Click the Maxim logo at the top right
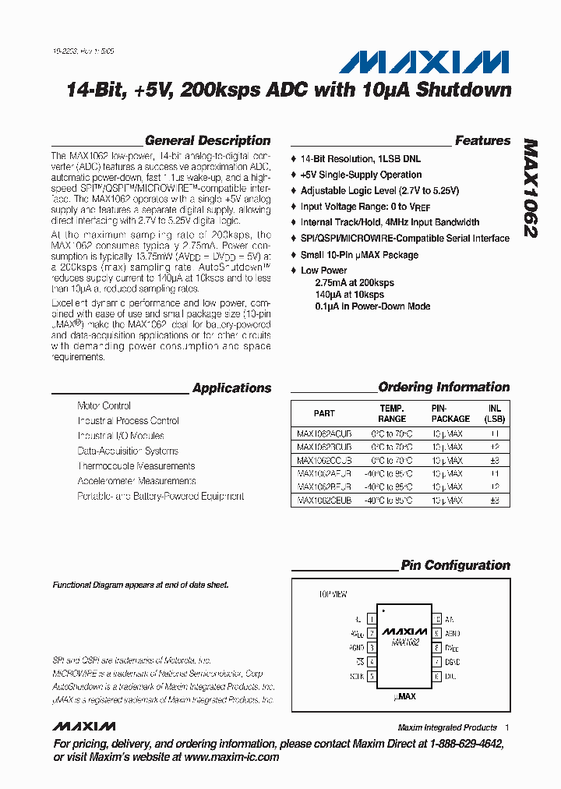(x=428, y=62)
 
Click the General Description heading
(x=208, y=141)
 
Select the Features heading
(x=482, y=141)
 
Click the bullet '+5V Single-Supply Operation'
(x=361, y=175)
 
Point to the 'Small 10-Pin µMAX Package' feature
(x=359, y=255)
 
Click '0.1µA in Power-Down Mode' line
(x=372, y=306)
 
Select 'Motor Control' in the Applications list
(x=104, y=405)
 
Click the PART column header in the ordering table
(x=324, y=413)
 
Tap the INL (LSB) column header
(x=494, y=413)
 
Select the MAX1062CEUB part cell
(x=324, y=500)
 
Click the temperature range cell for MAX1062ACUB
(x=391, y=433)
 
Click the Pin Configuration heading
(x=455, y=565)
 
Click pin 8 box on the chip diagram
(x=437, y=647)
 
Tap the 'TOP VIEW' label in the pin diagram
(x=333, y=594)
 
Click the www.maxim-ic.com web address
(x=231, y=757)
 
